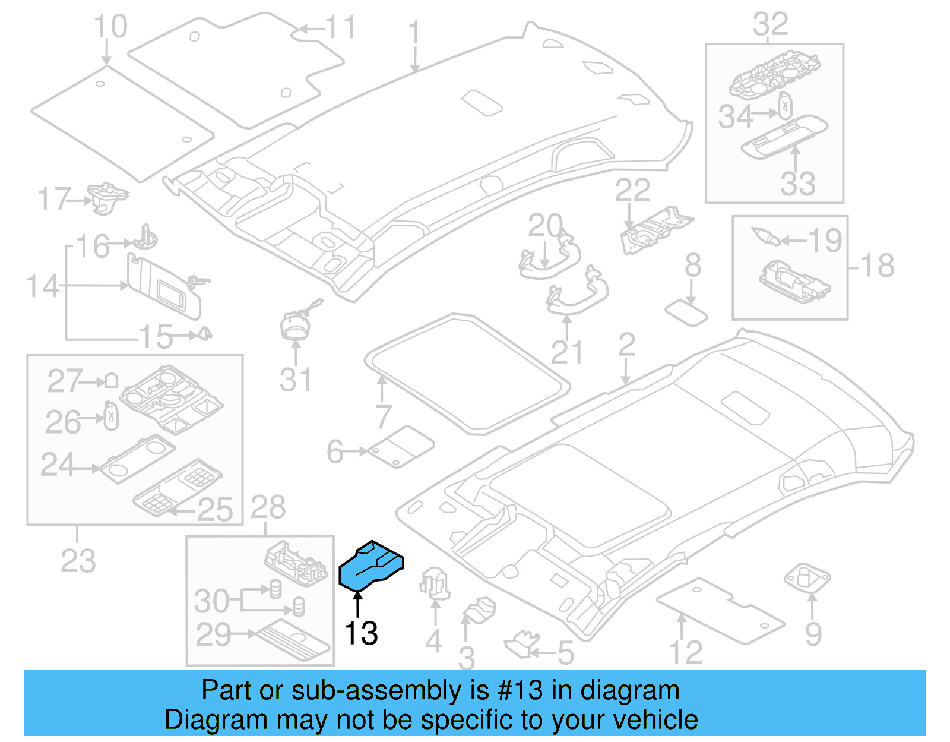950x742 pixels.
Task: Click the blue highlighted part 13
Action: tap(371, 567)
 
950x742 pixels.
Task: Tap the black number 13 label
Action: tap(361, 633)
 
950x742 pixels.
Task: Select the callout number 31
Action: tap(295, 380)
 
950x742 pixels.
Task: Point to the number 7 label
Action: tap(384, 417)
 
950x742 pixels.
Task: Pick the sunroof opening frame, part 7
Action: tap(466, 372)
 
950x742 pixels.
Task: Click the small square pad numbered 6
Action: tap(401, 446)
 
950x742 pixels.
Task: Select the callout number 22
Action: tap(632, 191)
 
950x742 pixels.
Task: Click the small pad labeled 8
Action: tap(686, 312)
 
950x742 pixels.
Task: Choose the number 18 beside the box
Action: tap(878, 266)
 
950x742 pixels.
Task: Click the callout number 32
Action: tap(771, 25)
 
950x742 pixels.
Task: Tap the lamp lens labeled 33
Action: tap(784, 137)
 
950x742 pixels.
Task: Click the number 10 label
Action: tap(110, 27)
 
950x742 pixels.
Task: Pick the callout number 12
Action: tap(686, 652)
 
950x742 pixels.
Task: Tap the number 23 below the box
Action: tap(78, 561)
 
